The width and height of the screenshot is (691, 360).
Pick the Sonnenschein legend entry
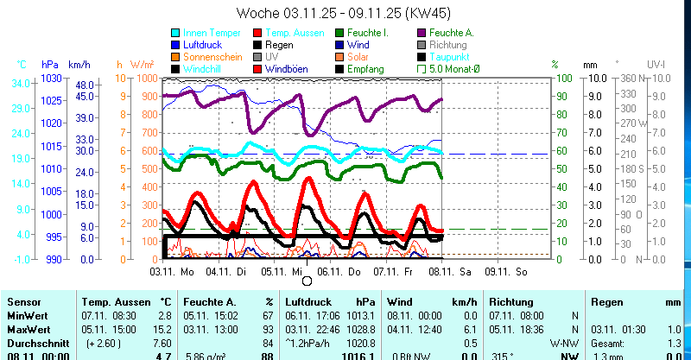[x=206, y=56]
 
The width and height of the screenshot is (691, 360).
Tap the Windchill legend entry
[x=200, y=68]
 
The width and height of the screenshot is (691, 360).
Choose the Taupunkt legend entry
[x=449, y=56]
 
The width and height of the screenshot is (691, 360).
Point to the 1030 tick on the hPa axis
[x=51, y=78]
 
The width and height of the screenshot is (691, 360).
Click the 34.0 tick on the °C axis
[x=22, y=83]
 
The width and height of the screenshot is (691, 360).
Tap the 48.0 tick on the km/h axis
[x=83, y=85]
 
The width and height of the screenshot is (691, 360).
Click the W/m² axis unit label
[x=142, y=64]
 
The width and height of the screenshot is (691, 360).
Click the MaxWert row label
[x=29, y=329]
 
